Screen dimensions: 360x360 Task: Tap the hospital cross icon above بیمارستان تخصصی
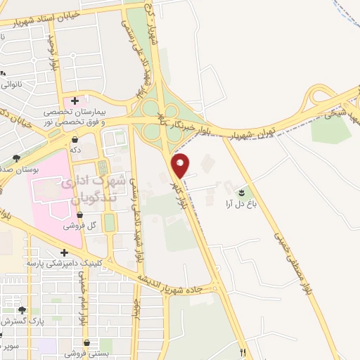75,101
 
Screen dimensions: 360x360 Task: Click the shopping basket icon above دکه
75,140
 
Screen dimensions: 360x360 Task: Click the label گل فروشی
79,226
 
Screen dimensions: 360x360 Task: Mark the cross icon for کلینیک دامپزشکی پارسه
64,252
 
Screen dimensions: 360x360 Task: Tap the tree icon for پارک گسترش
22,310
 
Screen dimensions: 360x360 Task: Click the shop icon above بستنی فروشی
86,343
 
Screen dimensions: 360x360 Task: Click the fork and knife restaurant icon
243,352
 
